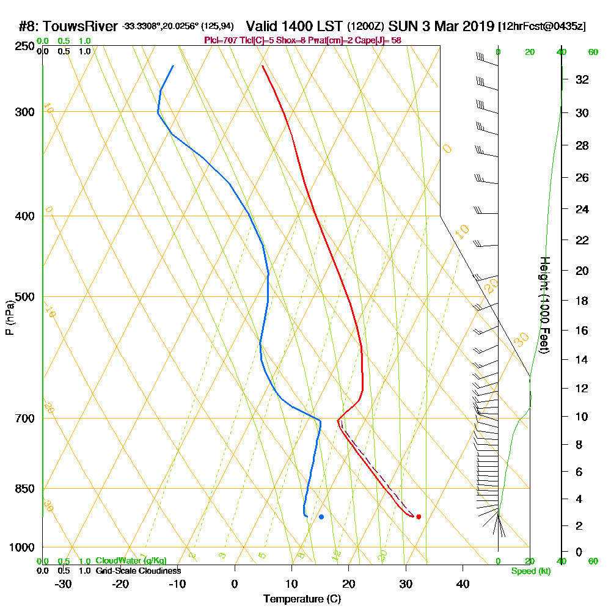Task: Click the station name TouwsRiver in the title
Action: pyautogui.click(x=81, y=26)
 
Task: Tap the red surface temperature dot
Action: pyautogui.click(x=419, y=517)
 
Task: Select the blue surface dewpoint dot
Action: pyautogui.click(x=321, y=517)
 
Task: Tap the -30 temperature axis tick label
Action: pyautogui.click(x=64, y=584)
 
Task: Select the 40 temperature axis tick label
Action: pyautogui.click(x=463, y=584)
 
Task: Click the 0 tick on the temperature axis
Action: pyautogui.click(x=235, y=584)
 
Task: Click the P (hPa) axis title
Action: pyautogui.click(x=9, y=317)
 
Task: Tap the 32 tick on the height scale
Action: pyautogui.click(x=582, y=79)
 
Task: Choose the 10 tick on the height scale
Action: pyautogui.click(x=582, y=417)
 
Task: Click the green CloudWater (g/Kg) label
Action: pyautogui.click(x=131, y=561)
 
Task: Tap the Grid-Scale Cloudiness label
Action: pyautogui.click(x=137, y=571)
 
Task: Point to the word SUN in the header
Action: pyautogui.click(x=401, y=26)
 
